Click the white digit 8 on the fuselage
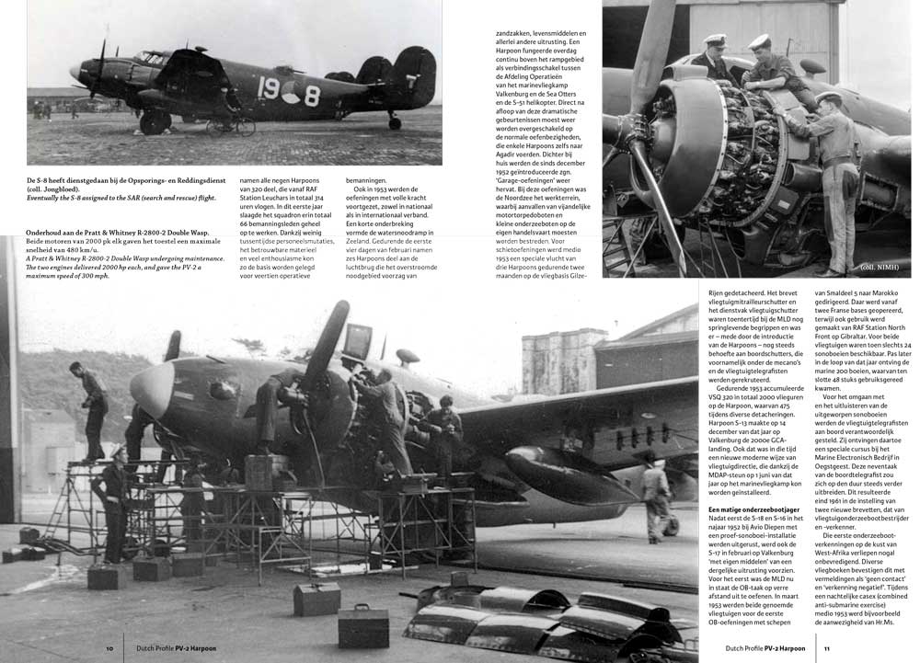click(x=312, y=96)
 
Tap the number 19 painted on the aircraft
click(x=268, y=90)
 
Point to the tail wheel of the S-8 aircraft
click(x=395, y=122)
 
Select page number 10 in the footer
click(x=109, y=648)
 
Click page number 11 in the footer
click(x=827, y=648)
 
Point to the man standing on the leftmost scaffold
click(x=92, y=405)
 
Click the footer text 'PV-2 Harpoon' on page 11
click(x=784, y=648)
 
